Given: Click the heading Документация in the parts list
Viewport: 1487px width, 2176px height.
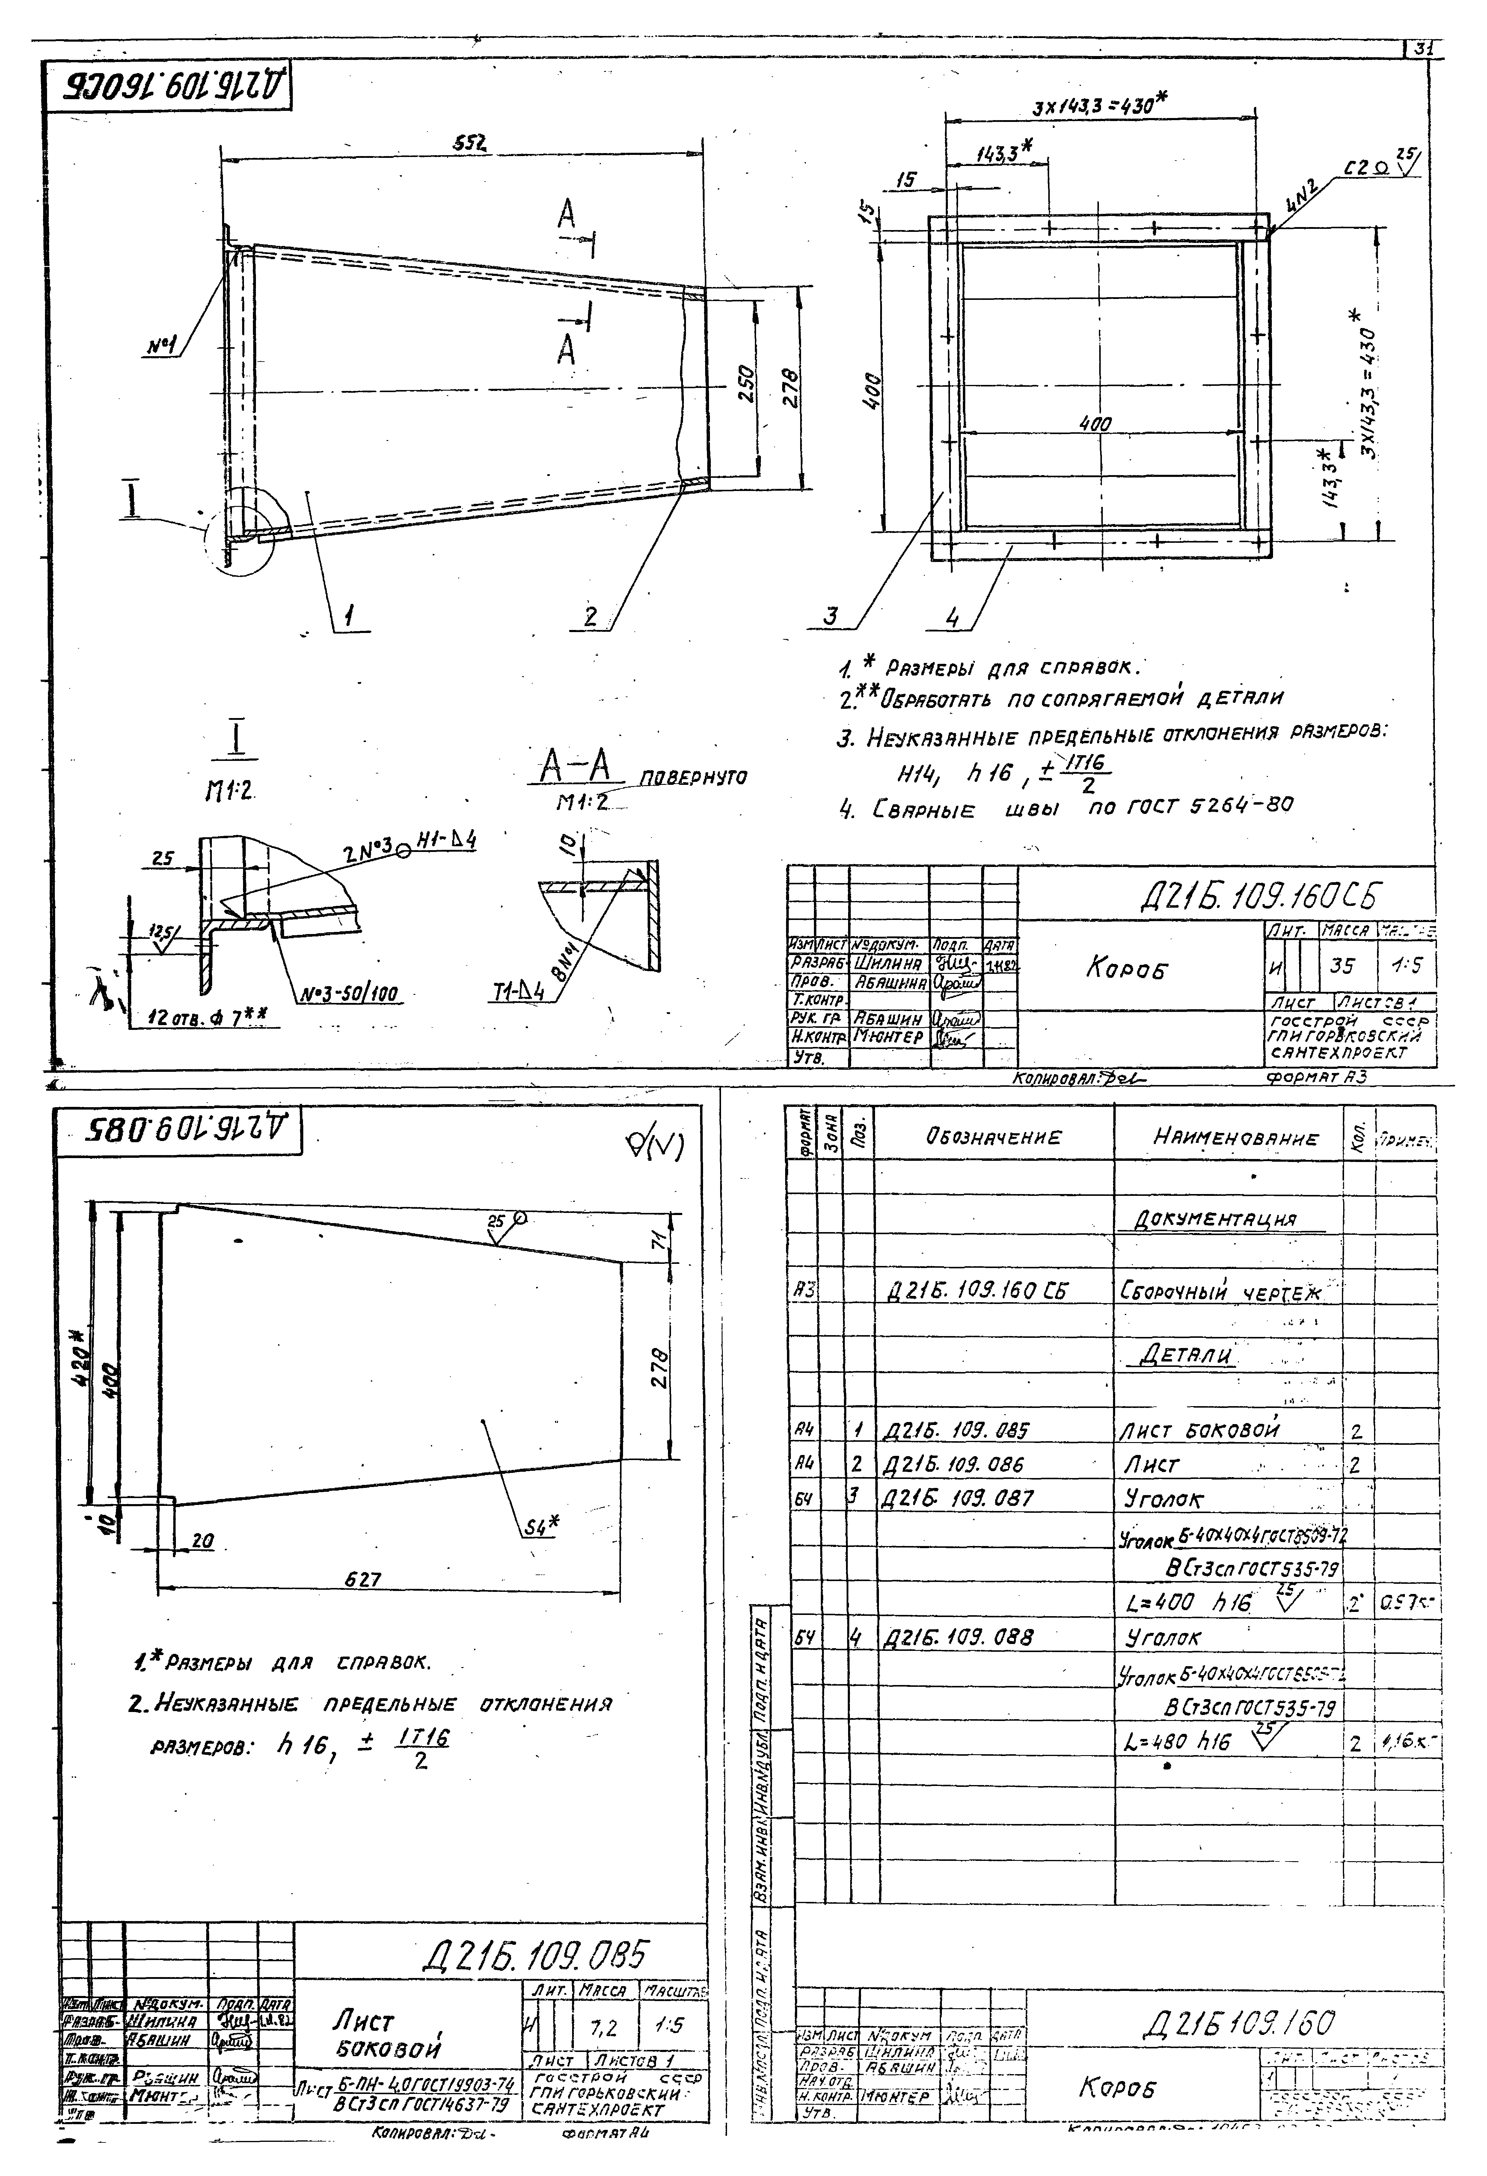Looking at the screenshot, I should [1215, 1220].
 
